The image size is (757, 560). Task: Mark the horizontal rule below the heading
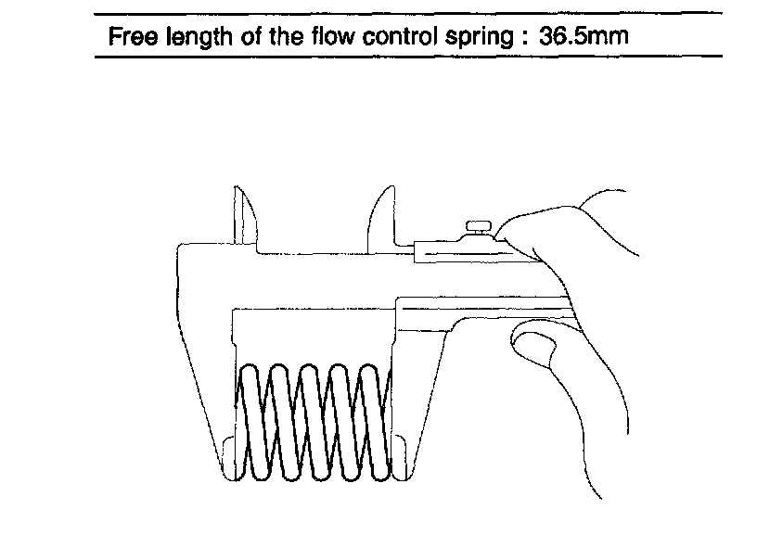pyautogui.click(x=408, y=56)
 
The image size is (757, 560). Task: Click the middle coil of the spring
pyautogui.click(x=313, y=422)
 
